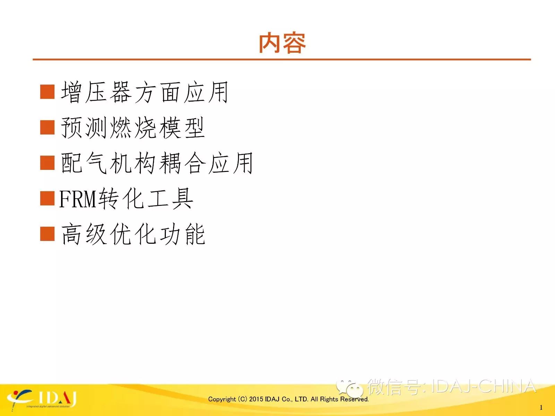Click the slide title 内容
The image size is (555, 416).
point(282,43)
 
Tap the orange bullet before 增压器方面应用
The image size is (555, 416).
point(47,92)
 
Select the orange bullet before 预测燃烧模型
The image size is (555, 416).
point(47,127)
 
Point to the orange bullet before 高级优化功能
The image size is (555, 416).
point(47,234)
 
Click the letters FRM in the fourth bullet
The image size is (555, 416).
point(78,199)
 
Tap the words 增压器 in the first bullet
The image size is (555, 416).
point(96,92)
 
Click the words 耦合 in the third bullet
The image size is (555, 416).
point(182,163)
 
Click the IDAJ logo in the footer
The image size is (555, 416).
point(42,400)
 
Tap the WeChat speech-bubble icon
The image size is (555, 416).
point(350,389)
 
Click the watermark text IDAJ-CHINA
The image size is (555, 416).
point(483,387)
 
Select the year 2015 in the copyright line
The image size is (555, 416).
point(256,399)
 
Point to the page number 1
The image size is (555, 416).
point(541,407)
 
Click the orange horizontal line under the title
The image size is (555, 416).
point(282,60)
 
